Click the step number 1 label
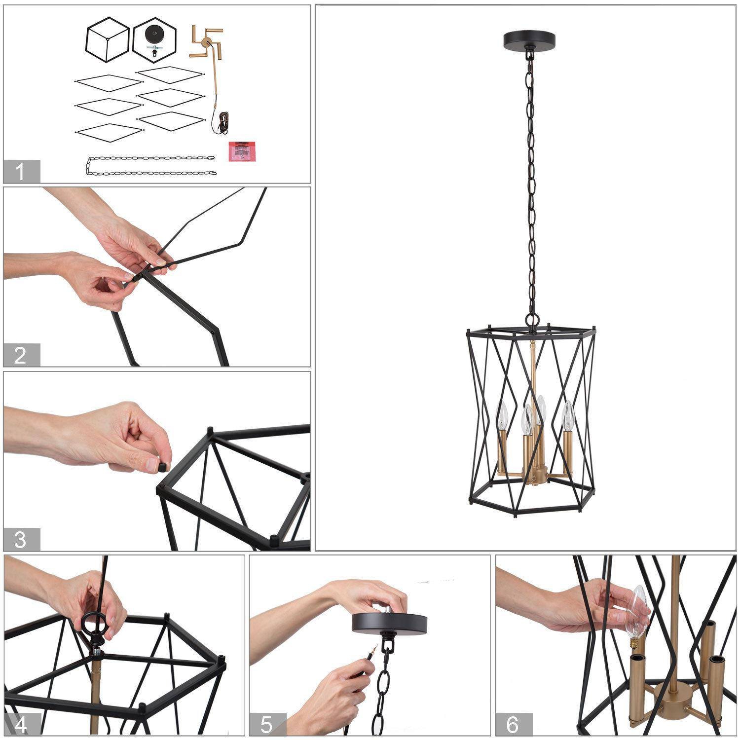(21, 172)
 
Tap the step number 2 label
(21, 355)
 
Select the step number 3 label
(21, 540)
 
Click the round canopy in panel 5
(389, 623)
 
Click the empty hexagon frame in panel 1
(107, 40)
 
